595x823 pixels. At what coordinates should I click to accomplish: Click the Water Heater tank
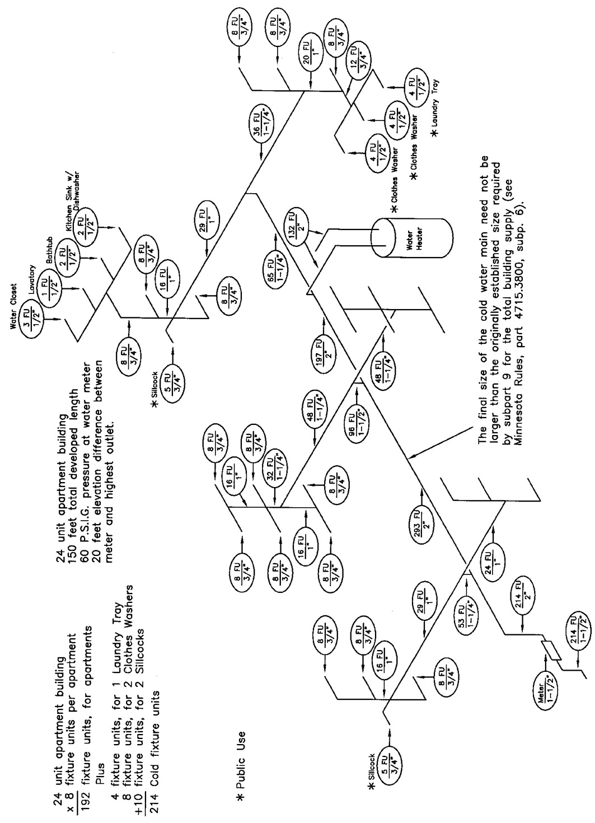click(x=412, y=237)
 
